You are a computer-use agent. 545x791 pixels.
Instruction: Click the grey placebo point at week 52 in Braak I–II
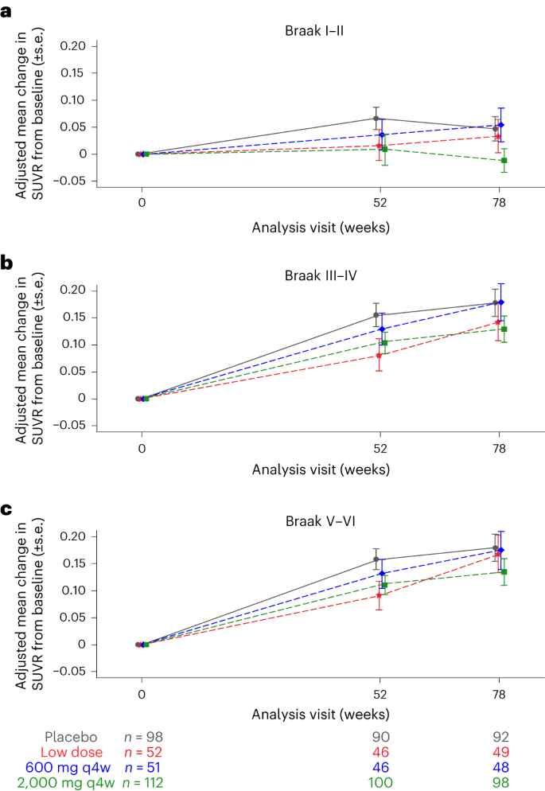(376, 119)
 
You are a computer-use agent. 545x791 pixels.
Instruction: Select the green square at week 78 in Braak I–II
(504, 161)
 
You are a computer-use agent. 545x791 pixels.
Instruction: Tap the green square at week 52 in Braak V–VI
(384, 585)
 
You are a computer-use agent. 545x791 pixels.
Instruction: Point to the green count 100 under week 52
(380, 783)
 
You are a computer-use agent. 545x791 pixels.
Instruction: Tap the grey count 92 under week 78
(499, 737)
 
